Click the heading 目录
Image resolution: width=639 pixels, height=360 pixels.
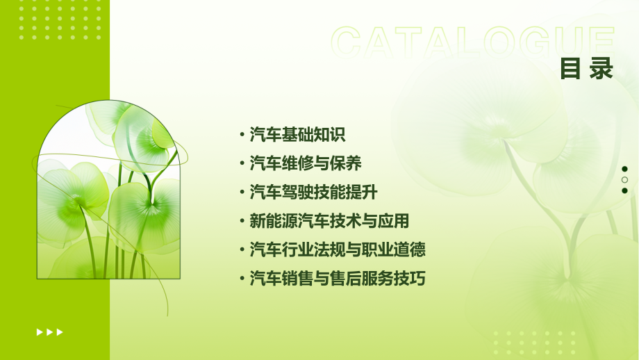[x=587, y=69]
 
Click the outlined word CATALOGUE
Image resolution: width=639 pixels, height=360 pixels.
[x=473, y=43]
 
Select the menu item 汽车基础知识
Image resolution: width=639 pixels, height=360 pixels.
[x=297, y=134]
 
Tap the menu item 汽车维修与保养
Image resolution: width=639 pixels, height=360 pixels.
[x=306, y=163]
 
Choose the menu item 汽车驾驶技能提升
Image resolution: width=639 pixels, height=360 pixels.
[x=313, y=193]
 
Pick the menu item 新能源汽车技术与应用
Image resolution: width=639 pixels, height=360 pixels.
[x=329, y=221]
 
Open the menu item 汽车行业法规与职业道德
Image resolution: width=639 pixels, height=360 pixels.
[x=338, y=249]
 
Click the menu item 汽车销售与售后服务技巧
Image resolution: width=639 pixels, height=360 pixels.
[x=338, y=279]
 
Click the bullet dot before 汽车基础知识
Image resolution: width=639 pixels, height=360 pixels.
[x=242, y=135]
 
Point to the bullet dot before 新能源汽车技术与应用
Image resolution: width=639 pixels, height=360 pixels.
[x=242, y=222]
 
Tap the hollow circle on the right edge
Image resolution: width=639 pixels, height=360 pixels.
[x=624, y=179]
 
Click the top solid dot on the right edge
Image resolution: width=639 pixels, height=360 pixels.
[x=624, y=169]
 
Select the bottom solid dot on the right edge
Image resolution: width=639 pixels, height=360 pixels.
[x=624, y=190]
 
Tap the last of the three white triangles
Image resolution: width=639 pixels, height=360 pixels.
[x=60, y=332]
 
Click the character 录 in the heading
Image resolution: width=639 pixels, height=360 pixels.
[x=601, y=69]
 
